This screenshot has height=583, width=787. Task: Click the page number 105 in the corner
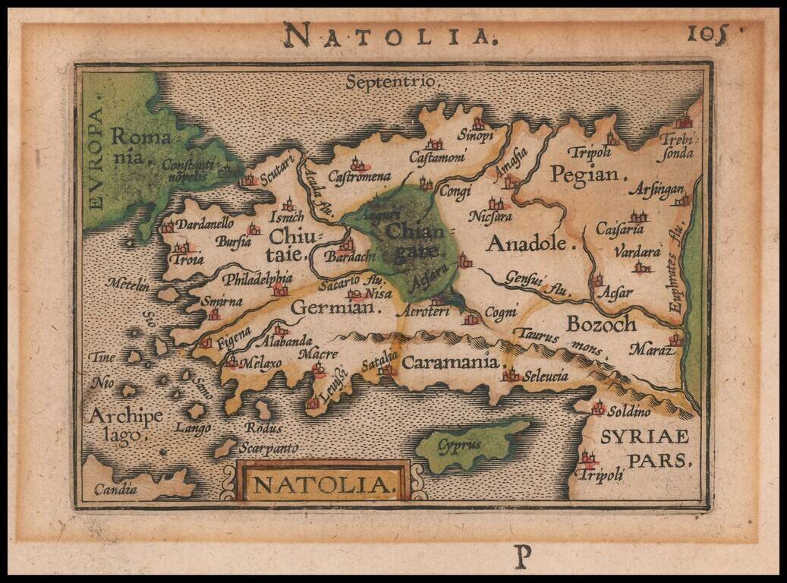click(x=707, y=33)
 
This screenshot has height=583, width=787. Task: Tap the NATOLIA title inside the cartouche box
click(x=325, y=484)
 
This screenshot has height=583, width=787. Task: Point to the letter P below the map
click(x=522, y=558)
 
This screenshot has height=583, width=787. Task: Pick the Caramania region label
click(x=452, y=362)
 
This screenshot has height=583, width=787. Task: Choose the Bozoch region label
click(x=601, y=323)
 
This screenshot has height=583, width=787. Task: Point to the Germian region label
click(x=333, y=308)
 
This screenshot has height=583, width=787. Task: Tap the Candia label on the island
click(x=115, y=489)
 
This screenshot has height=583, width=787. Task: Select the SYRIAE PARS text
click(x=645, y=447)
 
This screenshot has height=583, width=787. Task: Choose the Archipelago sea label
click(x=115, y=424)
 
